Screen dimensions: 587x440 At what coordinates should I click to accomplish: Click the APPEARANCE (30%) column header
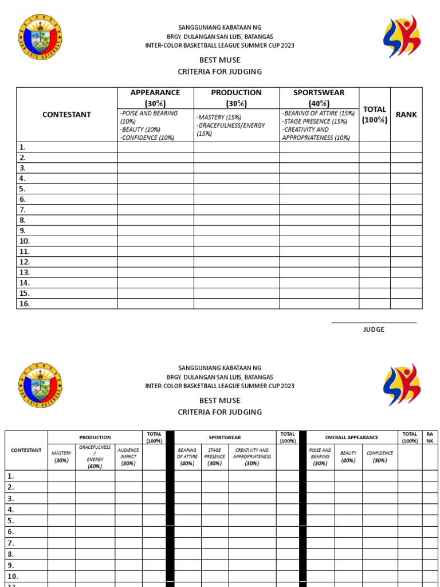click(155, 97)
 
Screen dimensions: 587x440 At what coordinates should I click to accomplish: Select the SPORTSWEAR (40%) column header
click(319, 97)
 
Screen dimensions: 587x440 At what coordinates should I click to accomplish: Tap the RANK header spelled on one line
click(406, 115)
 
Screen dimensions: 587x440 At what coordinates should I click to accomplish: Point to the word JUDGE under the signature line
click(374, 330)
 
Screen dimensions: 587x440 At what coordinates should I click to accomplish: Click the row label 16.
click(24, 304)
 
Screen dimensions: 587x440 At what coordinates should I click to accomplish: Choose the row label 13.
click(24, 272)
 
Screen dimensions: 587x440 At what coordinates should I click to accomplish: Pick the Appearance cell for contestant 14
click(155, 283)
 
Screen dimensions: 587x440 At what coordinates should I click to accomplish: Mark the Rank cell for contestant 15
click(406, 293)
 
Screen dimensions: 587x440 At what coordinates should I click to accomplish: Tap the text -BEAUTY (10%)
click(140, 130)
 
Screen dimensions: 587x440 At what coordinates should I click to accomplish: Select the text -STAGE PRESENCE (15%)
click(314, 122)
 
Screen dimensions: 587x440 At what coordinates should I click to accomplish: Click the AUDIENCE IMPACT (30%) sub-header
click(128, 457)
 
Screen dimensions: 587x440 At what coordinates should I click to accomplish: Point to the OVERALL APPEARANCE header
click(352, 437)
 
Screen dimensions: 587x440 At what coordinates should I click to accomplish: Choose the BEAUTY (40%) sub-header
click(348, 457)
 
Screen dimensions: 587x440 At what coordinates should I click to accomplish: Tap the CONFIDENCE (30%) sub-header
click(380, 457)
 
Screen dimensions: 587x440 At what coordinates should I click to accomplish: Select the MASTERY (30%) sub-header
click(61, 457)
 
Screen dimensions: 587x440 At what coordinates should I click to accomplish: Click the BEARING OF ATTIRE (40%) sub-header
click(187, 457)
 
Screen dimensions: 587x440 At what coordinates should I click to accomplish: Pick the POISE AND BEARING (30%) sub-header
click(320, 457)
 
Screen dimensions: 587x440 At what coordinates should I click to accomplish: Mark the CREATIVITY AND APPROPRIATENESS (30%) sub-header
click(252, 457)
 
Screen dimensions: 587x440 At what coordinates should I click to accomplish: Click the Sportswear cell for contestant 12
click(319, 262)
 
